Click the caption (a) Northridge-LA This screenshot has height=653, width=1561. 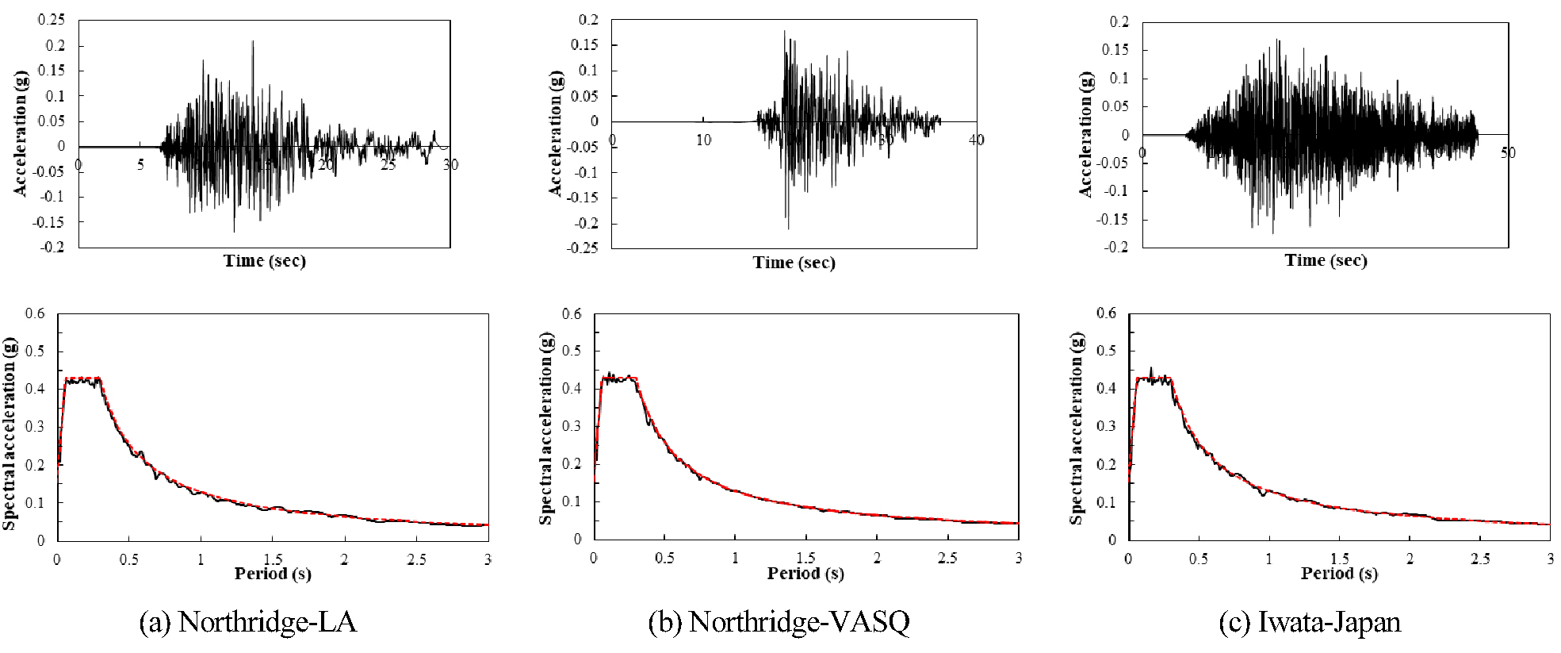248,622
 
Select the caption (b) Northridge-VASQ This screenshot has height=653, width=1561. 779,622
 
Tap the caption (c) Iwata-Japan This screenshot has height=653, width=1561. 1310,622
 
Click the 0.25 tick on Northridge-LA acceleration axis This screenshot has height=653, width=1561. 52,20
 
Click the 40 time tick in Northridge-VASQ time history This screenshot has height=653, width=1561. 976,140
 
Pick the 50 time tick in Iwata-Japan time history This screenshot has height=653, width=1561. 1507,153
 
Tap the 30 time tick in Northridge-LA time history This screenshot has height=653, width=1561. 450,165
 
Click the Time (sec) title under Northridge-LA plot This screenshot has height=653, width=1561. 264,261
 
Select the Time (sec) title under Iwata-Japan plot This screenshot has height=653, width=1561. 1326,261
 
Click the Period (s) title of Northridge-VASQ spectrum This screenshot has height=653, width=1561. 805,573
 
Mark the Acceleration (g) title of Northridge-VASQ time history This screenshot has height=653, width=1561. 556,133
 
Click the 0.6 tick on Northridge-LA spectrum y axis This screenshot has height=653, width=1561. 35,313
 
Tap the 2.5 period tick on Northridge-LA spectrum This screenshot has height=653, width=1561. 416,559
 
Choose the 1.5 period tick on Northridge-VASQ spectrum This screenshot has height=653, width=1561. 805,559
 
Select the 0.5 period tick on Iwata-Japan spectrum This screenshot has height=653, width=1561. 1198,559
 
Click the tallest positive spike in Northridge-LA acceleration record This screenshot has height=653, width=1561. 253,41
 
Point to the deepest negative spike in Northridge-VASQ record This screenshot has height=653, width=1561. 788,229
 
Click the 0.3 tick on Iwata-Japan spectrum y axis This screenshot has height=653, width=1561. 1106,426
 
